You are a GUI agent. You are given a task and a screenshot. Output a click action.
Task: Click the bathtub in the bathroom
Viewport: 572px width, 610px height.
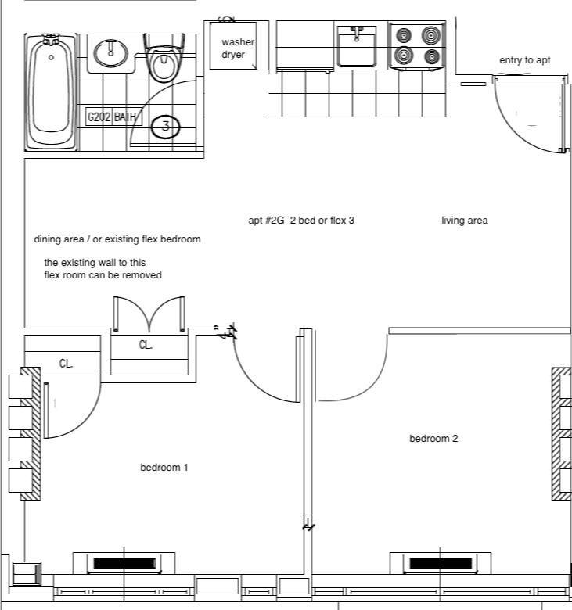(52, 92)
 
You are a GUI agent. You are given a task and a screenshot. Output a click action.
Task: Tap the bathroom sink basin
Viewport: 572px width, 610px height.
(110, 54)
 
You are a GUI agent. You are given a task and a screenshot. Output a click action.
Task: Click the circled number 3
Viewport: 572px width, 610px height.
(165, 125)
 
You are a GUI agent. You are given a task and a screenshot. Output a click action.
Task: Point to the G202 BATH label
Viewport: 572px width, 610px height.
(112, 118)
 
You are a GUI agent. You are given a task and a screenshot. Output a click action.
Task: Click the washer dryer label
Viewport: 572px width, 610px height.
(232, 48)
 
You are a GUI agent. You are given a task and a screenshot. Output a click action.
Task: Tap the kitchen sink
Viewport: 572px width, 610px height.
(357, 47)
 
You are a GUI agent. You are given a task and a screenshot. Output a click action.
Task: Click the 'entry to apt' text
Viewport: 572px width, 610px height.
(525, 60)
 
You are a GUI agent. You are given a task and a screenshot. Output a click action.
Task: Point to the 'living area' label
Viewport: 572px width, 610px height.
(464, 221)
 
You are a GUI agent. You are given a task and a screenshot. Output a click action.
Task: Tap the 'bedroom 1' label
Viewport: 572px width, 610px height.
(164, 468)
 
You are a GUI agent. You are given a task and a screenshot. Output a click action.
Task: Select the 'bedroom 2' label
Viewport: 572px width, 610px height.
(433, 439)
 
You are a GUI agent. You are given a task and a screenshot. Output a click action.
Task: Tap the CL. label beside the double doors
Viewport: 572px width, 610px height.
(146, 345)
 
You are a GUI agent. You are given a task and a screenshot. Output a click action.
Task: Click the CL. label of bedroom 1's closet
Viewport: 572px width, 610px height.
(67, 364)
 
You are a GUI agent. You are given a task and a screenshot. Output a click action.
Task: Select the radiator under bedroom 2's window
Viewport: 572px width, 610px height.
(441, 562)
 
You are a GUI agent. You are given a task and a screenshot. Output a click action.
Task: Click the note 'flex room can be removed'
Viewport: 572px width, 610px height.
(103, 275)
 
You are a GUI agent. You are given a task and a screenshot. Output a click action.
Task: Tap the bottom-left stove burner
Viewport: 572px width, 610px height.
(405, 56)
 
